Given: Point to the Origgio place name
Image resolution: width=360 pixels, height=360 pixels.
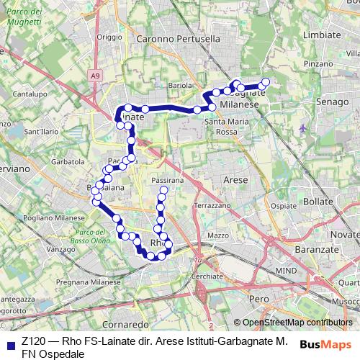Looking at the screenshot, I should (x=110, y=37).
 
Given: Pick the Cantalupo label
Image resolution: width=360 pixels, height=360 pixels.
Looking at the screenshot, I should (x=30, y=94).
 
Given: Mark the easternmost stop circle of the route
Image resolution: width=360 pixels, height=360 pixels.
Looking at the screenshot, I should (x=266, y=82).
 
